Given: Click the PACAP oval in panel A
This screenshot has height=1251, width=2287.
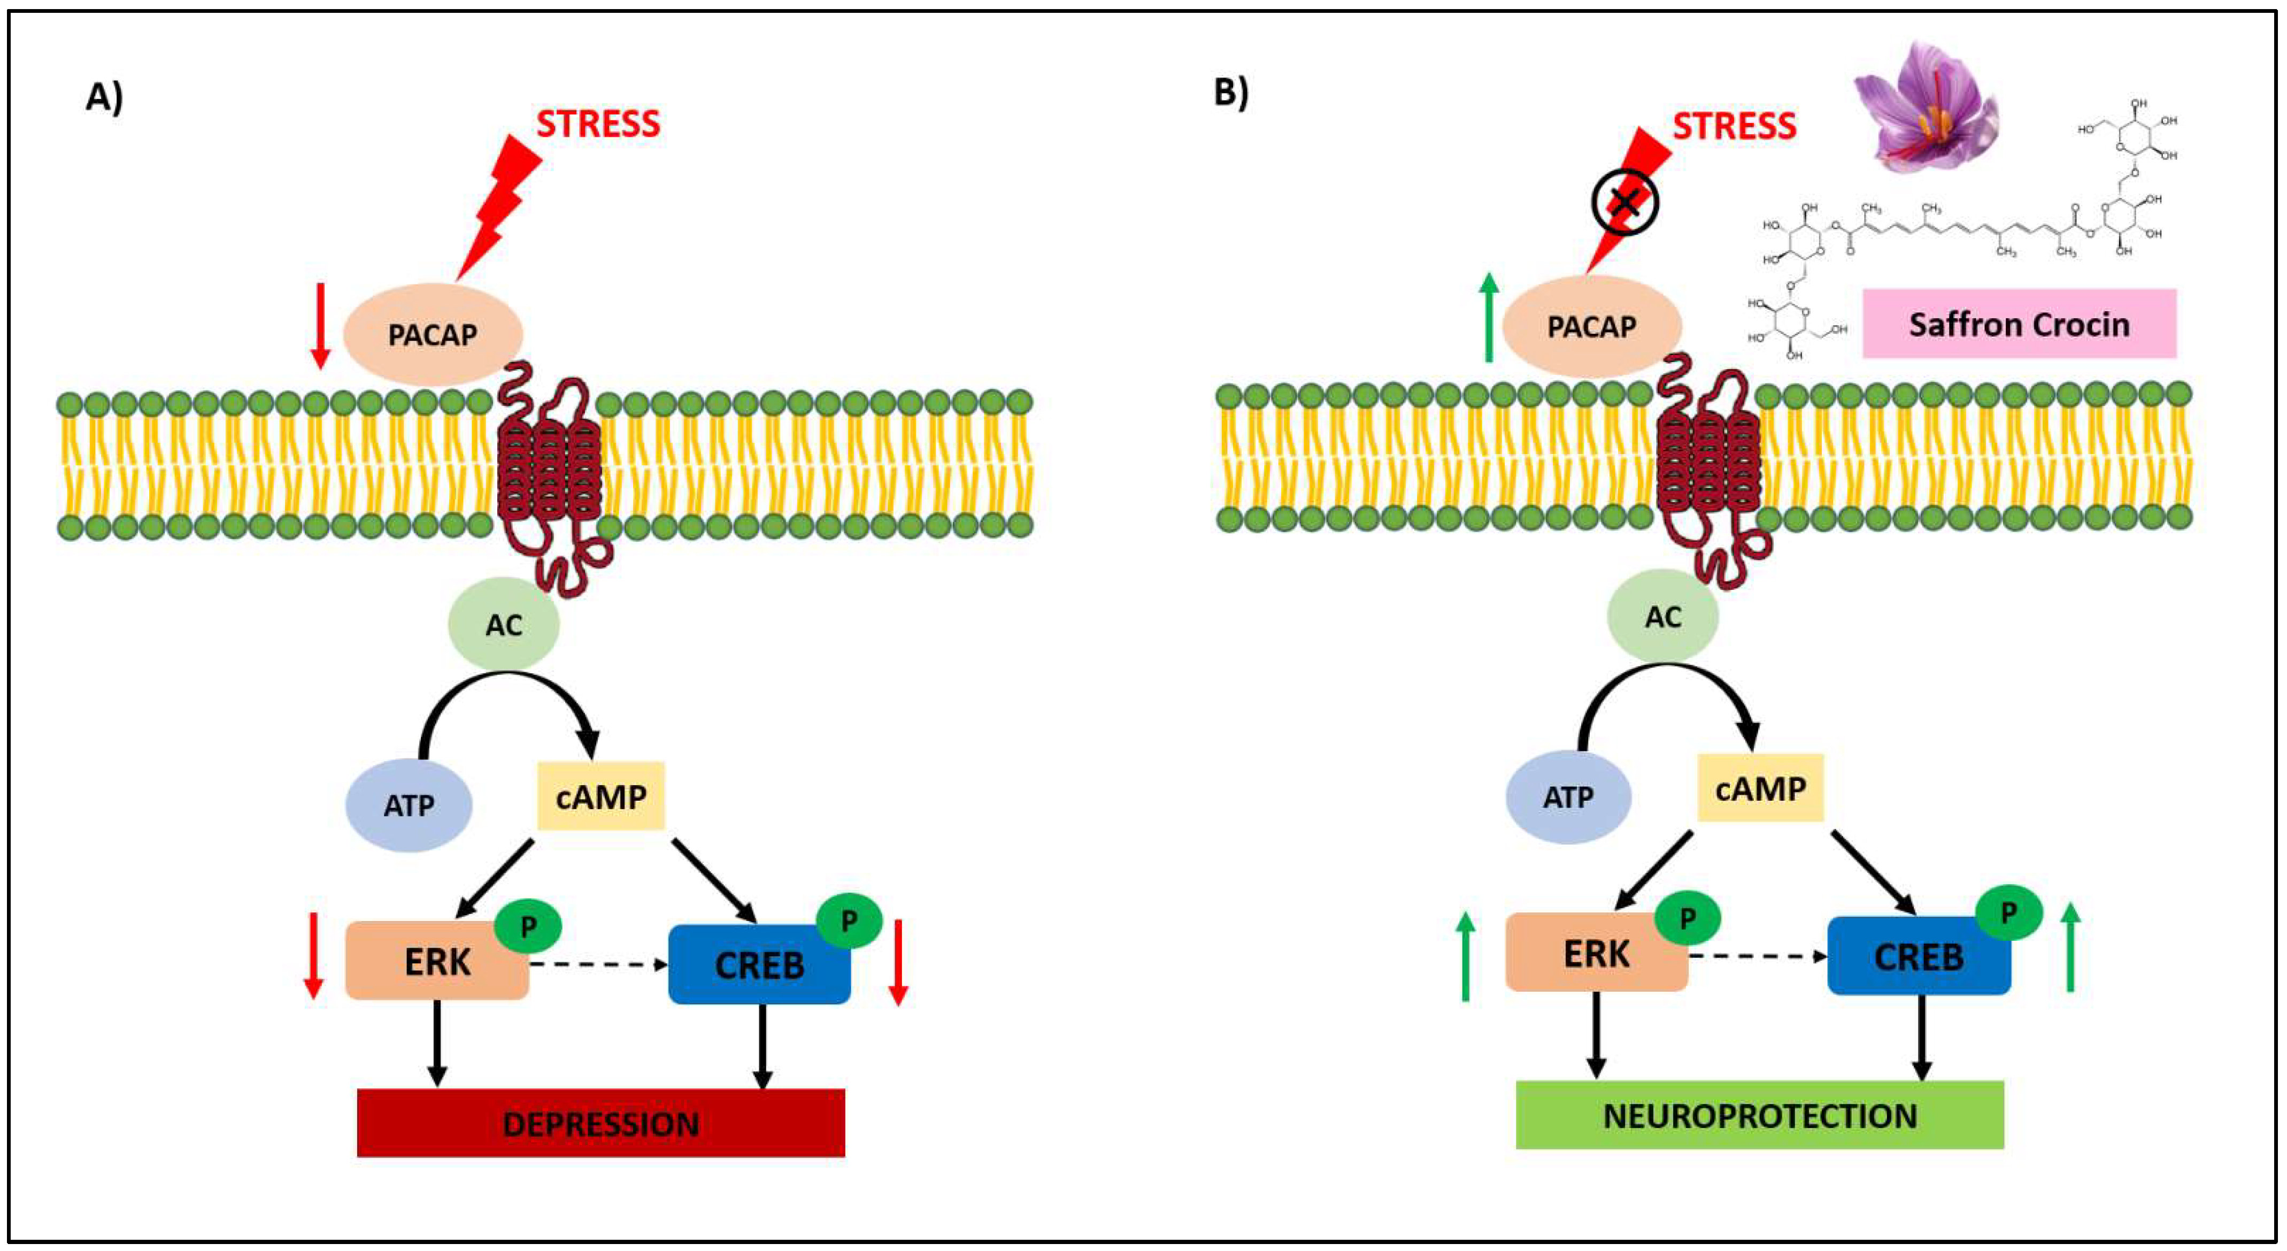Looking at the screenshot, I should (x=433, y=335).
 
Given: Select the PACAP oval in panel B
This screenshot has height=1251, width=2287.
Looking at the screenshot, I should (x=1591, y=327).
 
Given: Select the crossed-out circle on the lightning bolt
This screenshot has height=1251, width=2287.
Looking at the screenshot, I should (x=1624, y=202).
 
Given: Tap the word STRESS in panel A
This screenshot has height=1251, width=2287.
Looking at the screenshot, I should (x=597, y=124).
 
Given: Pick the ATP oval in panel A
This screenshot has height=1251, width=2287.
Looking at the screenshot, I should (x=409, y=805).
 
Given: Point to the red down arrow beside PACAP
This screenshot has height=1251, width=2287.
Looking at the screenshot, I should (x=320, y=326).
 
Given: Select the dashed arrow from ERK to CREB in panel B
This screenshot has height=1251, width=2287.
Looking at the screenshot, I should (x=1756, y=956).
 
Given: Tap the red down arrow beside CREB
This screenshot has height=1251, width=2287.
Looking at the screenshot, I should (x=898, y=962).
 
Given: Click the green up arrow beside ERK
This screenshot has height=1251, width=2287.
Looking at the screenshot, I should (x=1466, y=957).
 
